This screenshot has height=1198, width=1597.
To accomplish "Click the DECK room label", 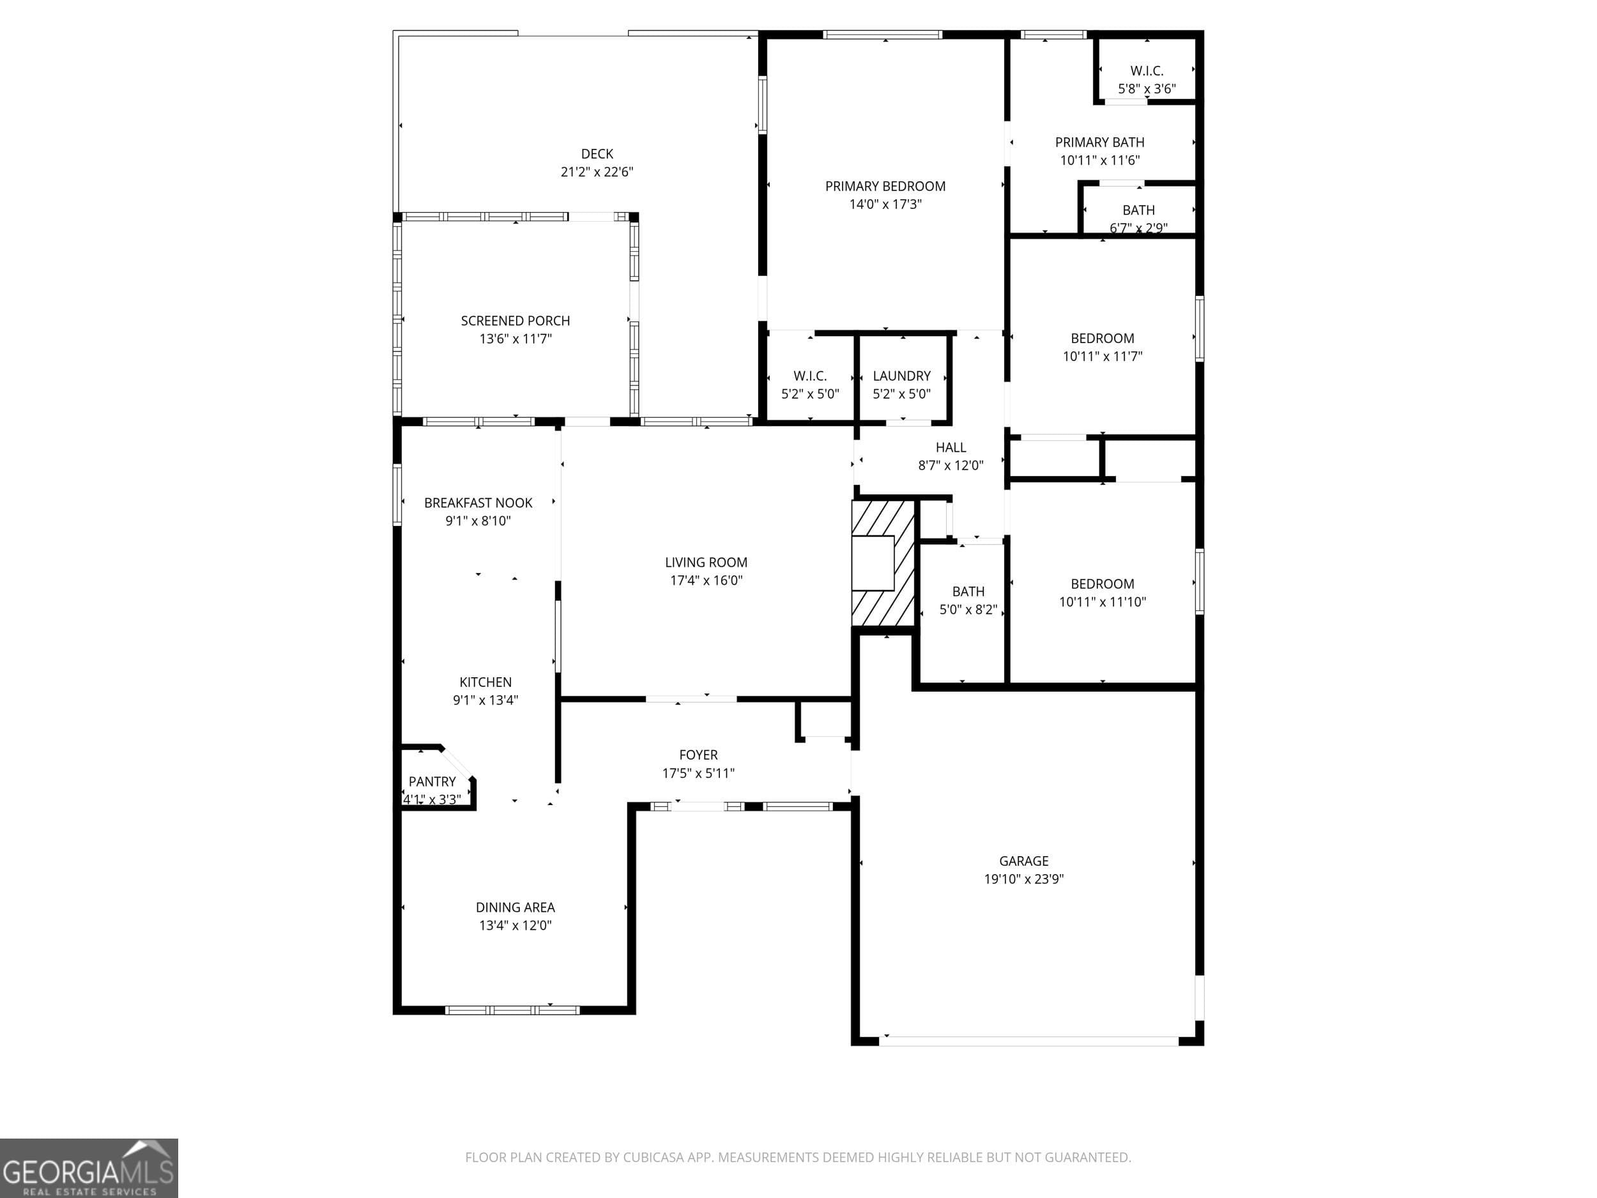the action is (597, 154).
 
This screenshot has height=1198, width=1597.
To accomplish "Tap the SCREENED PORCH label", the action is (516, 321).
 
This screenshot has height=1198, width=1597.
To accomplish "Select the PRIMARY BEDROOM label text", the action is (885, 187).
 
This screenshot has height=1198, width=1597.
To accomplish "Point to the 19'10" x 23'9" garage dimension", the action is (1024, 879).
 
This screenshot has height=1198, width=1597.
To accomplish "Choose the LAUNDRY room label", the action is (902, 376).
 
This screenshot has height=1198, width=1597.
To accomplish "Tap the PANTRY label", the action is (432, 781).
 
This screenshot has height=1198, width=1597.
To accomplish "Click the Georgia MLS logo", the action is (89, 1168).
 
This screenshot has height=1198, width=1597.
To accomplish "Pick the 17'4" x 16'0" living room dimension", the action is (706, 581).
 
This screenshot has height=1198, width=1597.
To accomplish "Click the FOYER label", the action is (698, 755).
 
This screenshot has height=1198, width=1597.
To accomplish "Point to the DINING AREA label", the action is (516, 908).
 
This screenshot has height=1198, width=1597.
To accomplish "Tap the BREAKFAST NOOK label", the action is (478, 503).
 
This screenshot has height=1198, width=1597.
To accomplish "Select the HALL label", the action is (951, 448).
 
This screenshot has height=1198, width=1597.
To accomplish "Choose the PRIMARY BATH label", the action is (1099, 142).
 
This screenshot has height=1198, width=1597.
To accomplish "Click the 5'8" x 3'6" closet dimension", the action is (1147, 89).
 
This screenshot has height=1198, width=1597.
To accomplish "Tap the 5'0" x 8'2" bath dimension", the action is (968, 610).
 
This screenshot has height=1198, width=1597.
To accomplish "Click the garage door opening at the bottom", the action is (1029, 1041).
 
